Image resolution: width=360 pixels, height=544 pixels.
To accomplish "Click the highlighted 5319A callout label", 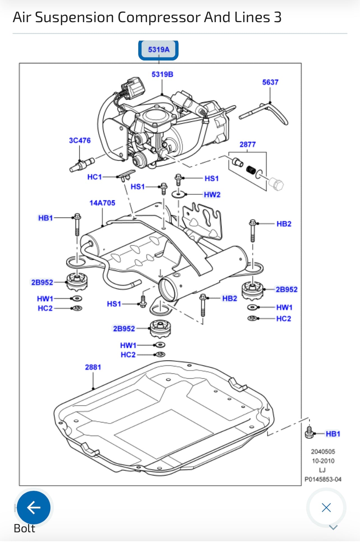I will [x=158, y=50].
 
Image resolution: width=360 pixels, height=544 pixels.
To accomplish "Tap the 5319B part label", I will [x=162, y=75].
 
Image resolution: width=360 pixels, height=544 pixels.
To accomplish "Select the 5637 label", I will [x=270, y=82].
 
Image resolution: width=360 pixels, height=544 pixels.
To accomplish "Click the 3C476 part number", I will [x=80, y=141].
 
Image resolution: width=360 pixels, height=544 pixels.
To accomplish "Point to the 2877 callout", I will [x=247, y=145].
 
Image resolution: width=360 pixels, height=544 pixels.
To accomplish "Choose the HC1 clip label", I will [x=94, y=177].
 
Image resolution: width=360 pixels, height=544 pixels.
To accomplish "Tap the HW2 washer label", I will [x=212, y=195].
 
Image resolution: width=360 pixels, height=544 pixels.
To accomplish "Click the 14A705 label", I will [x=102, y=203].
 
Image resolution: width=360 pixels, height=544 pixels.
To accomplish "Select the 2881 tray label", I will [x=93, y=367].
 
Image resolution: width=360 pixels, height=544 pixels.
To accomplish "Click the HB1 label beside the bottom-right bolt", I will [x=333, y=434].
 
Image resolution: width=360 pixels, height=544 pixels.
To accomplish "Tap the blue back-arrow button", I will [x=34, y=508].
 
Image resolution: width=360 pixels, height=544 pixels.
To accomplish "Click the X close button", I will [x=326, y=508].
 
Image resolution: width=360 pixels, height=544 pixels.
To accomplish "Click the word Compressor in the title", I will [x=159, y=17].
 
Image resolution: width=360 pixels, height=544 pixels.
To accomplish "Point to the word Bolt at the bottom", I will [x=24, y=529].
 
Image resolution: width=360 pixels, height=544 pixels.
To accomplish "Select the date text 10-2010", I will [x=323, y=461].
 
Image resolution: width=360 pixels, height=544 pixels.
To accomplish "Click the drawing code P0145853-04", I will [x=323, y=479].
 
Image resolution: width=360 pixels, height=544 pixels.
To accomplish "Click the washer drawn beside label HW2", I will [x=178, y=194].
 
